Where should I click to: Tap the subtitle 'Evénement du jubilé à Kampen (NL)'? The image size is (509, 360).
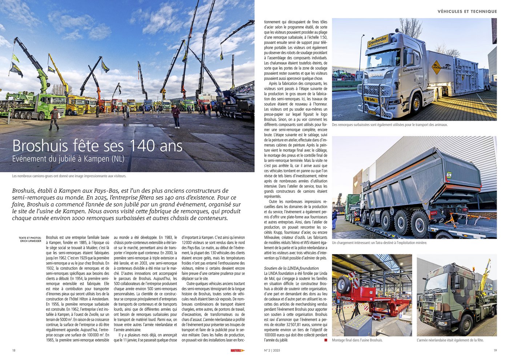coord(68,159)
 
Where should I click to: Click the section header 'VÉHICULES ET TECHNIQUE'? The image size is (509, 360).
coord(467,12)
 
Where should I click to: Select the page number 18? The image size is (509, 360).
coord(14,351)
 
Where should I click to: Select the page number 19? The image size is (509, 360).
coord(495,351)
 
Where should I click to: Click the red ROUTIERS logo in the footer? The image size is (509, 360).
coord(237,351)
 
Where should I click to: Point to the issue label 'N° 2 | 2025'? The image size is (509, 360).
coord(272,351)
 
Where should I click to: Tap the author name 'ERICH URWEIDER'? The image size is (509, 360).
coord(31,241)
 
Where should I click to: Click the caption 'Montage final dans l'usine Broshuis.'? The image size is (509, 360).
coord(357,340)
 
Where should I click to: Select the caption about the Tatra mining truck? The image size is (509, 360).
coord(379,243)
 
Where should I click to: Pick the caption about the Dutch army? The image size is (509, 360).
coord(450,340)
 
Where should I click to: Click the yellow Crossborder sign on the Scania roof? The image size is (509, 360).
coord(378,41)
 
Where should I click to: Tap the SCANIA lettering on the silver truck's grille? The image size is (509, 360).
coord(376,75)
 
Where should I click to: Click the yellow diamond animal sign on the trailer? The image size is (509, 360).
coord(436,67)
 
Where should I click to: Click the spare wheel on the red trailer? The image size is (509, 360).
coord(344,285)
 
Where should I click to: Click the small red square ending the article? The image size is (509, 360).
coord(325,340)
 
